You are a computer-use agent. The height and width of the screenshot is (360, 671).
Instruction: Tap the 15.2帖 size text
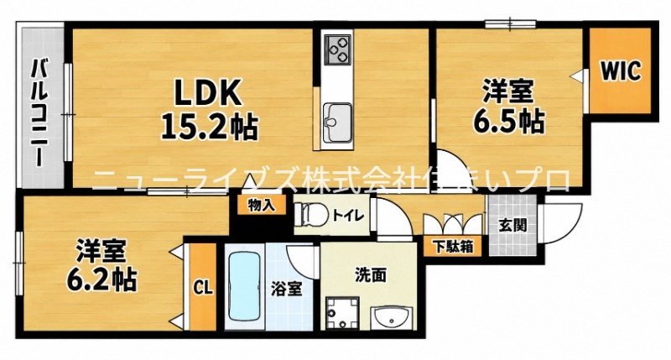pyautogui.click(x=209, y=126)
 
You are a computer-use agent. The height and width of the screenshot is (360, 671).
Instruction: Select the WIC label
pyautogui.click(x=621, y=70)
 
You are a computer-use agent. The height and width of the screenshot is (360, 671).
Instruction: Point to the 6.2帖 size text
pyautogui.click(x=101, y=279)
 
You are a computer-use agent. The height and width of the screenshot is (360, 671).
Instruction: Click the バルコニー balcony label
pyautogui.click(x=39, y=113)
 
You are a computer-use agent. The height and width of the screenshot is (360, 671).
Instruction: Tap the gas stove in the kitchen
pyautogui.click(x=338, y=50)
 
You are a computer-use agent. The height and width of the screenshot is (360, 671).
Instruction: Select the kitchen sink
pyautogui.click(x=338, y=123)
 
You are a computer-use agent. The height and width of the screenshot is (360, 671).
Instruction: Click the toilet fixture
pyautogui.click(x=310, y=214)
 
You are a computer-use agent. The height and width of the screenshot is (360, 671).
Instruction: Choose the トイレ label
pyautogui.click(x=348, y=215)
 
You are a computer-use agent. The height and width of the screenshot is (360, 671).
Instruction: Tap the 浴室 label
pyautogui.click(x=286, y=290)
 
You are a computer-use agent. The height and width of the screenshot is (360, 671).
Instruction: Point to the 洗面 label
pyautogui.click(x=371, y=274)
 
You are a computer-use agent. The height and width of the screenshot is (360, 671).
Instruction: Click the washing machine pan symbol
pyautogui.click(x=341, y=313)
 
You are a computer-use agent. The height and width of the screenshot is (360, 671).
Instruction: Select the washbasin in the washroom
pyautogui.click(x=392, y=317)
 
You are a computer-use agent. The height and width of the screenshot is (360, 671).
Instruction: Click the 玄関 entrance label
pyautogui.click(x=512, y=225)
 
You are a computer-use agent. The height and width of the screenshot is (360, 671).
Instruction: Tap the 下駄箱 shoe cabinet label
pyautogui.click(x=454, y=247)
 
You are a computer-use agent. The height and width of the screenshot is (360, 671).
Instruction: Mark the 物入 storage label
pyautogui.click(x=262, y=206)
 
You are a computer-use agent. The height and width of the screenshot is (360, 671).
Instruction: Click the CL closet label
pyautogui.click(x=202, y=288)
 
